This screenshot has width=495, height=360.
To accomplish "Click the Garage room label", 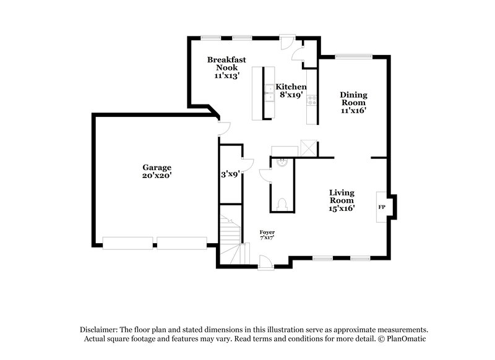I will pyautogui.click(x=157, y=171).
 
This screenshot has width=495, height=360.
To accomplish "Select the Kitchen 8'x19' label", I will pyautogui.click(x=291, y=91).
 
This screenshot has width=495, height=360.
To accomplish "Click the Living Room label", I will pyautogui.click(x=341, y=200).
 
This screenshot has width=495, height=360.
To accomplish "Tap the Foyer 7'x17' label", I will pyautogui.click(x=267, y=234).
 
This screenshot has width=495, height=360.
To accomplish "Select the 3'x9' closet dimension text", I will pyautogui.click(x=230, y=174).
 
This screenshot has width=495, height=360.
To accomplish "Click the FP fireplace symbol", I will pyautogui.click(x=381, y=207).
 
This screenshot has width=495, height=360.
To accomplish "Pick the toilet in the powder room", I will pyautogui.click(x=282, y=202).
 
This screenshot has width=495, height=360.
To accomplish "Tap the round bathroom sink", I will pyautogui.click(x=282, y=162).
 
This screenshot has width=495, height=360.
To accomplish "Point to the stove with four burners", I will pyautogui.click(x=311, y=99).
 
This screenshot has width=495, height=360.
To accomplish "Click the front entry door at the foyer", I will pyautogui.click(x=265, y=264).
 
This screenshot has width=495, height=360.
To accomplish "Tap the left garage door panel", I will pyautogui.click(x=127, y=243).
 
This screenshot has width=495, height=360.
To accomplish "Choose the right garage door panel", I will pyautogui.click(x=181, y=243).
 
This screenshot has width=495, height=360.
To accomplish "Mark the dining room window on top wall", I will pyautogui.click(x=354, y=58).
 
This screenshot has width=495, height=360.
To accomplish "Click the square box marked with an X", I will pyautogui.click(x=308, y=148).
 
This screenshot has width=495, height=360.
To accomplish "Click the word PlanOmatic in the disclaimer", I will pyautogui.click(x=406, y=339).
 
